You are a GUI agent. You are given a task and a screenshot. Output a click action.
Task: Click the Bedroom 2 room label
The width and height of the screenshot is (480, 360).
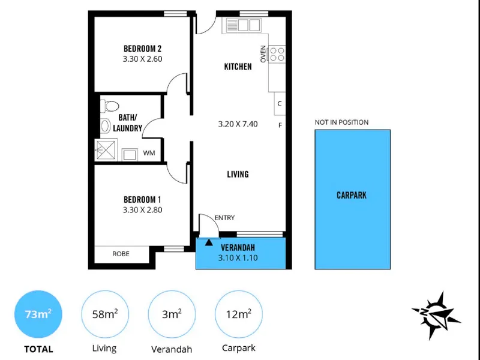(142, 49)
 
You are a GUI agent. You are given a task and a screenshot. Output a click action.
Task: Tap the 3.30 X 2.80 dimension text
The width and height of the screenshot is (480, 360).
(142, 210)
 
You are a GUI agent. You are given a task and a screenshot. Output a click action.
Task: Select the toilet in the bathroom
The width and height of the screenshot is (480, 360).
(109, 106)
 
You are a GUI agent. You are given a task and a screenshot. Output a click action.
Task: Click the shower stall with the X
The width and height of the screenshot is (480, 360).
(106, 149)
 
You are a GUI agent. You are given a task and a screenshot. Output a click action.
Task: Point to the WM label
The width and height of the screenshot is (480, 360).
(149, 153)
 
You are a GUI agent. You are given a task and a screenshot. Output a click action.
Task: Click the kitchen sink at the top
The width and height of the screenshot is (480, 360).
(244, 25)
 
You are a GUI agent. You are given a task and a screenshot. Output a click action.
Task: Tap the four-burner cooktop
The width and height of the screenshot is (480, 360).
(277, 55)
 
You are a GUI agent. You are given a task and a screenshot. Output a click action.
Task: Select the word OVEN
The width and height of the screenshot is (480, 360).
(263, 54)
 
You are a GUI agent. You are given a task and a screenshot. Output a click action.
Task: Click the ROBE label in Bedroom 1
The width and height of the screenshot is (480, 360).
(121, 254)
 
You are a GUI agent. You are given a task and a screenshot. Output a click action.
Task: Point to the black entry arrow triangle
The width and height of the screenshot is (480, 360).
(209, 242)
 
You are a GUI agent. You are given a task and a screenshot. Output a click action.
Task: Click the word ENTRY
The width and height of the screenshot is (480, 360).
(224, 218)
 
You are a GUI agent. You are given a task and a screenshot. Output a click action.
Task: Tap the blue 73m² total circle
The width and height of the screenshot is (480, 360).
(38, 314)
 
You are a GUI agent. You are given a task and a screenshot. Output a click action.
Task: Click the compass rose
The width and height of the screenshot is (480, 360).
(436, 316)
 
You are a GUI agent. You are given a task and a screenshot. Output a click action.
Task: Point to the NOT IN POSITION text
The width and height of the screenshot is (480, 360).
(341, 122)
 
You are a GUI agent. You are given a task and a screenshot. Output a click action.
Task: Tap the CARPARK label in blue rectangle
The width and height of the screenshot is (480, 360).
(352, 196)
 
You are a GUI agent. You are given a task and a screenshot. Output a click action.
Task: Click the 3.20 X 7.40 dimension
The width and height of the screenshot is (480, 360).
(238, 124)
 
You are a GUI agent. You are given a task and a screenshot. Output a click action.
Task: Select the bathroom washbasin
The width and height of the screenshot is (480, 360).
(106, 126)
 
